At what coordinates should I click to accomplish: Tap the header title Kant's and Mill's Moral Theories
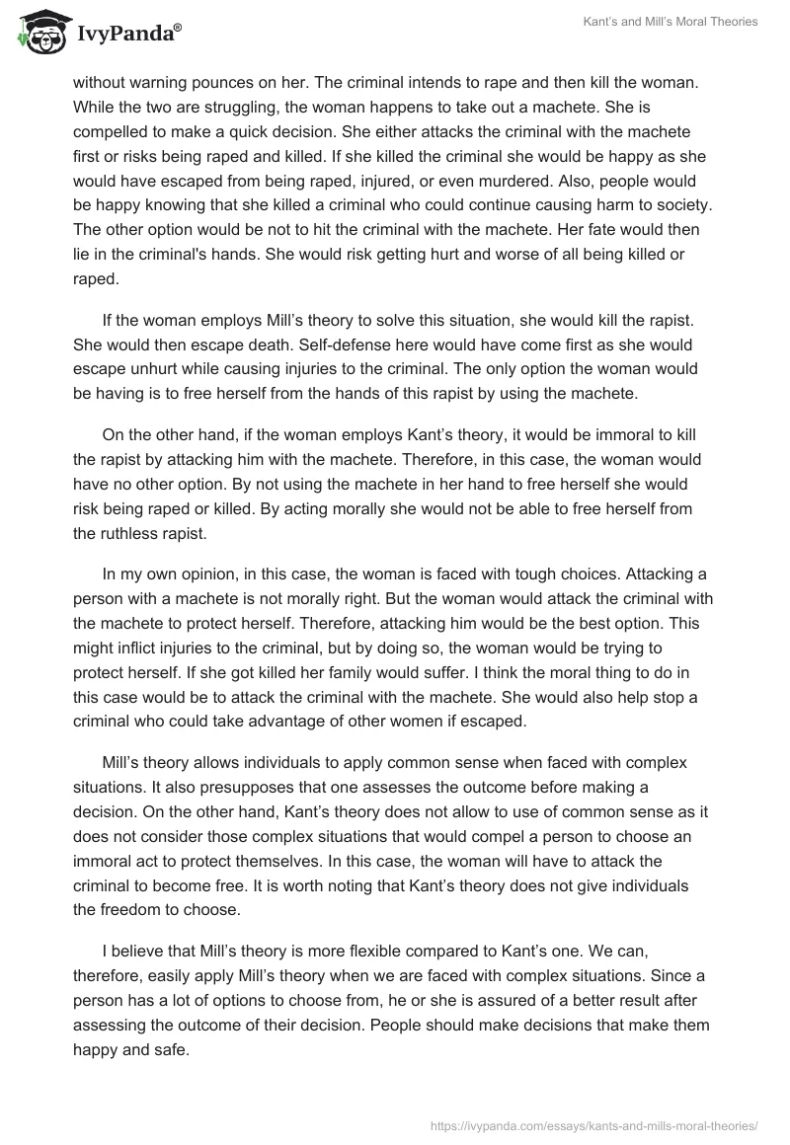click(x=669, y=23)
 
